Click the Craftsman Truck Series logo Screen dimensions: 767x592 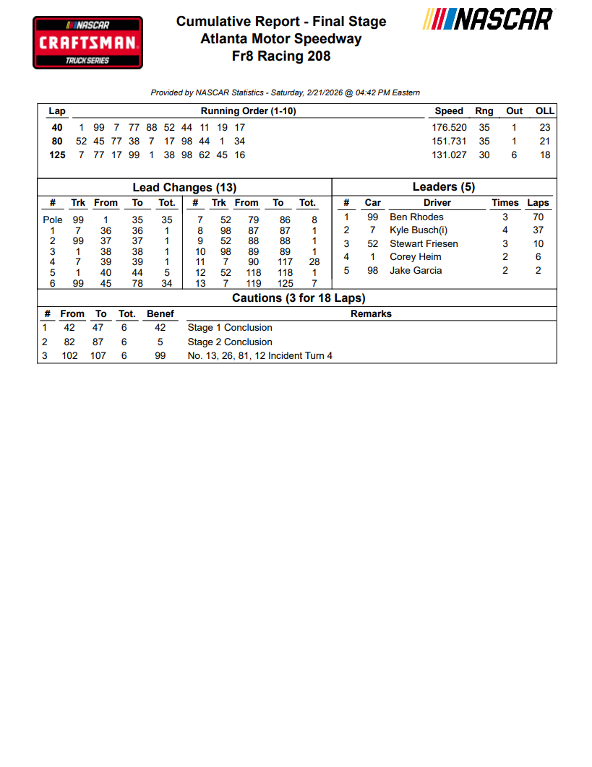87,43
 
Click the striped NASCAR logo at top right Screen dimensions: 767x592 488,19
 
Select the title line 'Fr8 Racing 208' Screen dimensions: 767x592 281,56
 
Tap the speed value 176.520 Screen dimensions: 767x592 449,127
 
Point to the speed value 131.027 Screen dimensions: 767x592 449,155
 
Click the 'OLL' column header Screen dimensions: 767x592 544,110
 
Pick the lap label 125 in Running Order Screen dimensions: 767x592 57,155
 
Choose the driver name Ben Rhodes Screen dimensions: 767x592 416,217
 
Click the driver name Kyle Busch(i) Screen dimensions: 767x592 419,230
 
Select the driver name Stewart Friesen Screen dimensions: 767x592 424,243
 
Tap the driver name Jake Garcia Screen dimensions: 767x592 416,270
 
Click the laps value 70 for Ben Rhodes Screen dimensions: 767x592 538,217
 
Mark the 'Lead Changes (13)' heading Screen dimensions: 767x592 184,188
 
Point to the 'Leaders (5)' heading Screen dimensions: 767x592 443,187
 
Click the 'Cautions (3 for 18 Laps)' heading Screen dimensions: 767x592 299,298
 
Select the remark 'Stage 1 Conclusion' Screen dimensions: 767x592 230,327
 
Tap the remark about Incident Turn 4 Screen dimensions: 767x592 259,355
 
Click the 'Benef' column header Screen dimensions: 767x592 160,313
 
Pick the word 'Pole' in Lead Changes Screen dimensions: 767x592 53,220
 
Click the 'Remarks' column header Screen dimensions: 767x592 371,313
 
